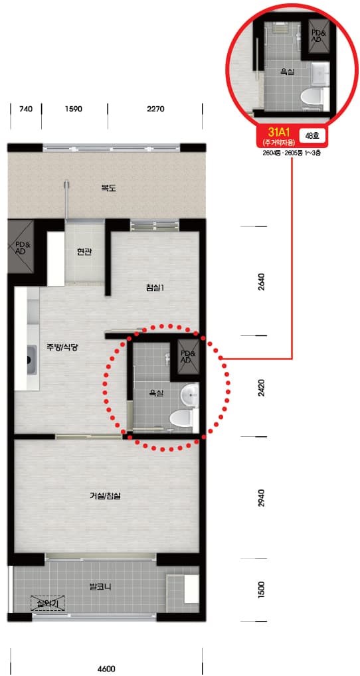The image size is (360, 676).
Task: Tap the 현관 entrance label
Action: [x=84, y=252]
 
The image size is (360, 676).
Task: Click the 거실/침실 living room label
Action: [x=105, y=496]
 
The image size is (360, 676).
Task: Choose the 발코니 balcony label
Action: [x=99, y=586]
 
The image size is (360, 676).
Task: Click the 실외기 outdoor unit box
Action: [x=48, y=603]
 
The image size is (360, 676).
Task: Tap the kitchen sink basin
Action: [x=31, y=359]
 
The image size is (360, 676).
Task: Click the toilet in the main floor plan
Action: [x=183, y=418]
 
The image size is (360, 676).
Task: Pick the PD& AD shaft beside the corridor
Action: [x=21, y=247]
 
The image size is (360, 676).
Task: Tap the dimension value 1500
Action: [x=260, y=590]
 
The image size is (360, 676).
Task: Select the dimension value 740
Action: [x=26, y=109]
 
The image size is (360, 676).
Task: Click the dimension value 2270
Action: [x=155, y=109]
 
